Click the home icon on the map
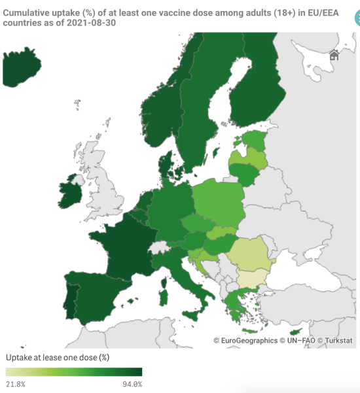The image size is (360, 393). click(334, 55)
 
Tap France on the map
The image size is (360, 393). click(121, 248)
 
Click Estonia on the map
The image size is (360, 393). click(254, 140)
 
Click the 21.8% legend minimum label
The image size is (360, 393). click(16, 384)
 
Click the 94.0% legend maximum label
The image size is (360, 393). click(132, 384)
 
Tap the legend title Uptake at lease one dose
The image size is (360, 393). click(58, 358)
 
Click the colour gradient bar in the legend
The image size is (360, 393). click(74, 372)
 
